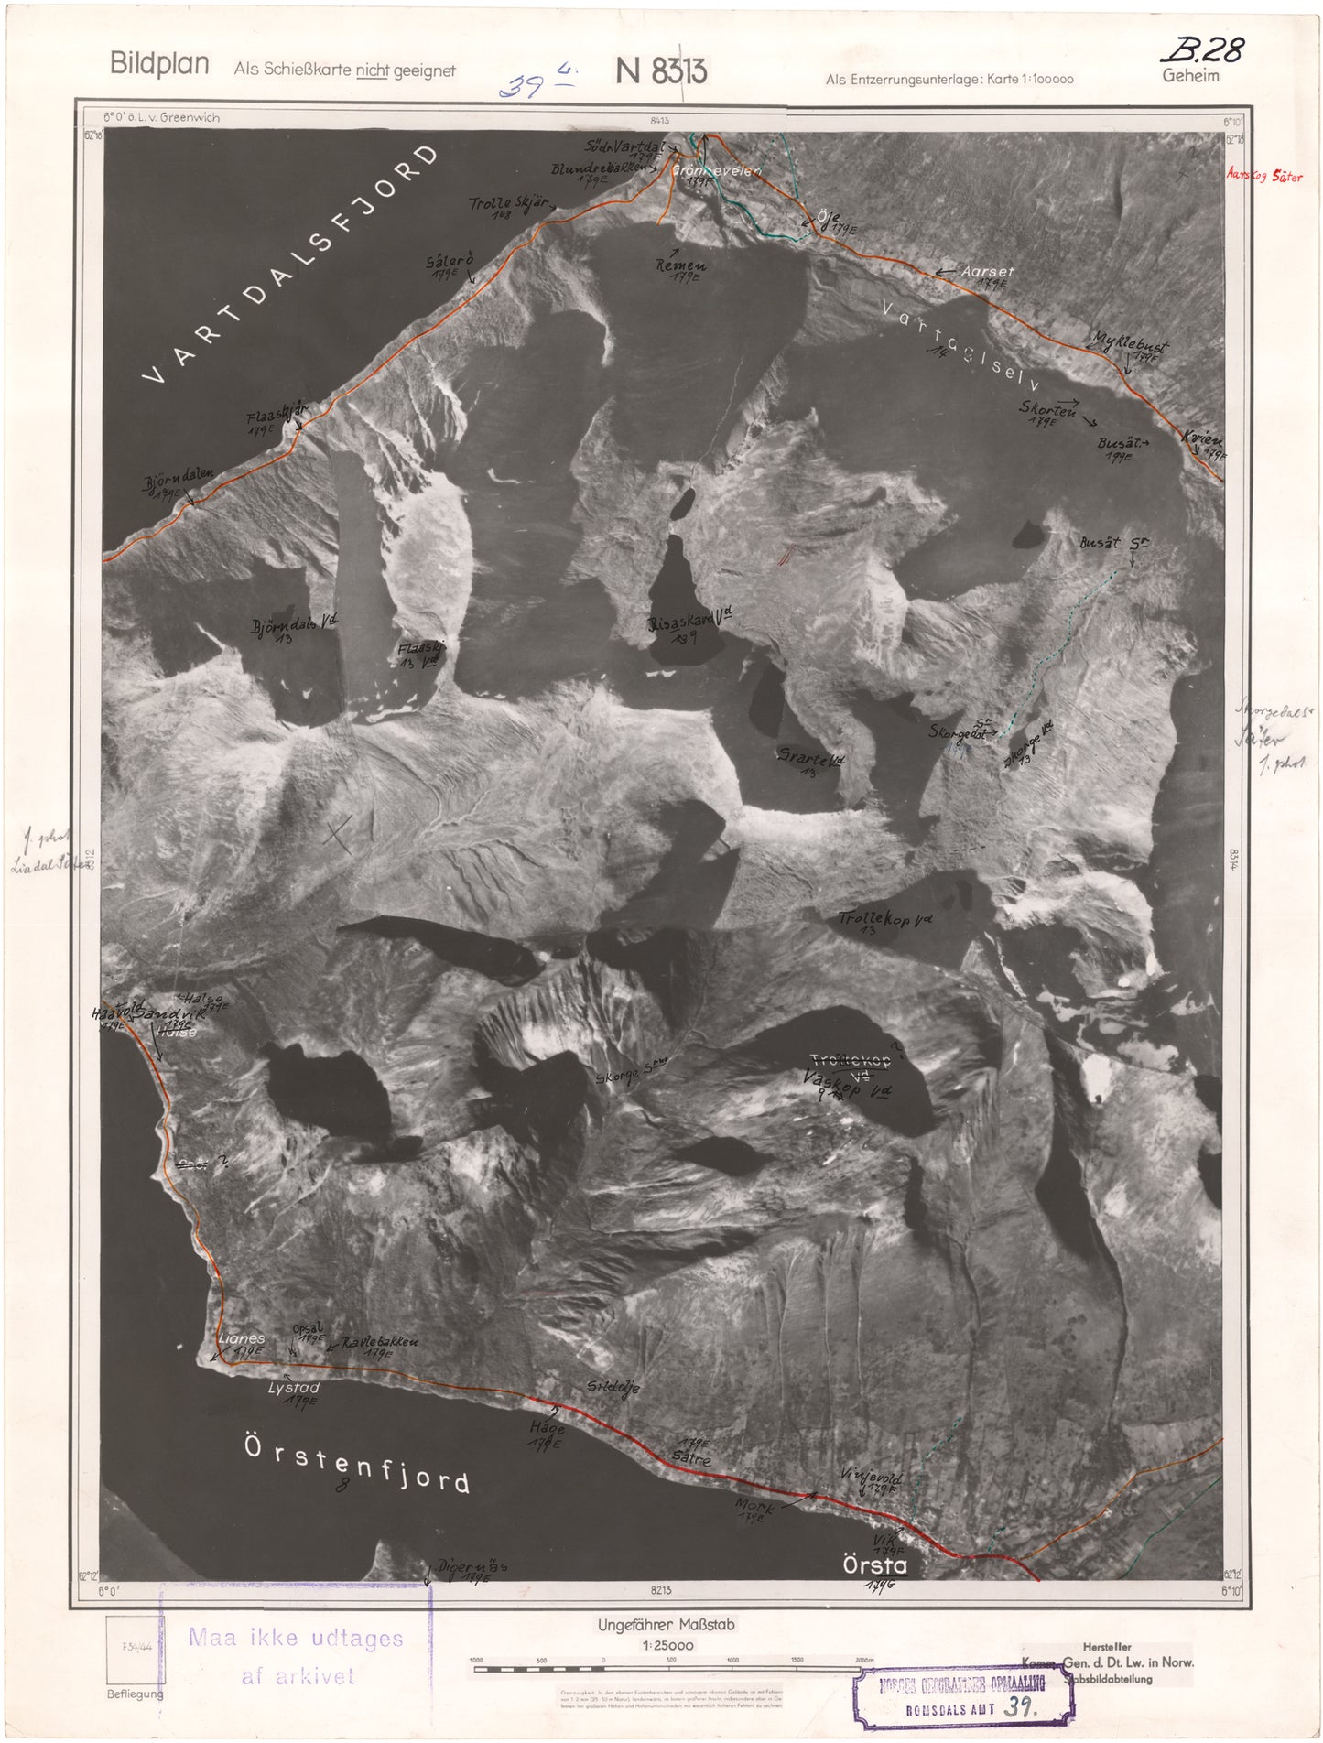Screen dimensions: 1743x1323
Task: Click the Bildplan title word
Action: [159, 64]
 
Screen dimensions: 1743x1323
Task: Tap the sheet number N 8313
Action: [661, 71]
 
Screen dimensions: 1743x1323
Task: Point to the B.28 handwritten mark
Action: [1207, 49]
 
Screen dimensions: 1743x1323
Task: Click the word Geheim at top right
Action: [1190, 76]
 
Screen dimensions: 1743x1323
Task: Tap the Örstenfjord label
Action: [357, 1464]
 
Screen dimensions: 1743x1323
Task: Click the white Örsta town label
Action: [875, 1565]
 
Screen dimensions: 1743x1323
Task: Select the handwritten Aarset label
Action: [987, 272]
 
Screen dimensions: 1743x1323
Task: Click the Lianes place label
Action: [242, 1338]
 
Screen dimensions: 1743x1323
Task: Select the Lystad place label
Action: [294, 1388]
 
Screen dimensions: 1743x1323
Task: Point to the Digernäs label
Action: [472, 1566]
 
